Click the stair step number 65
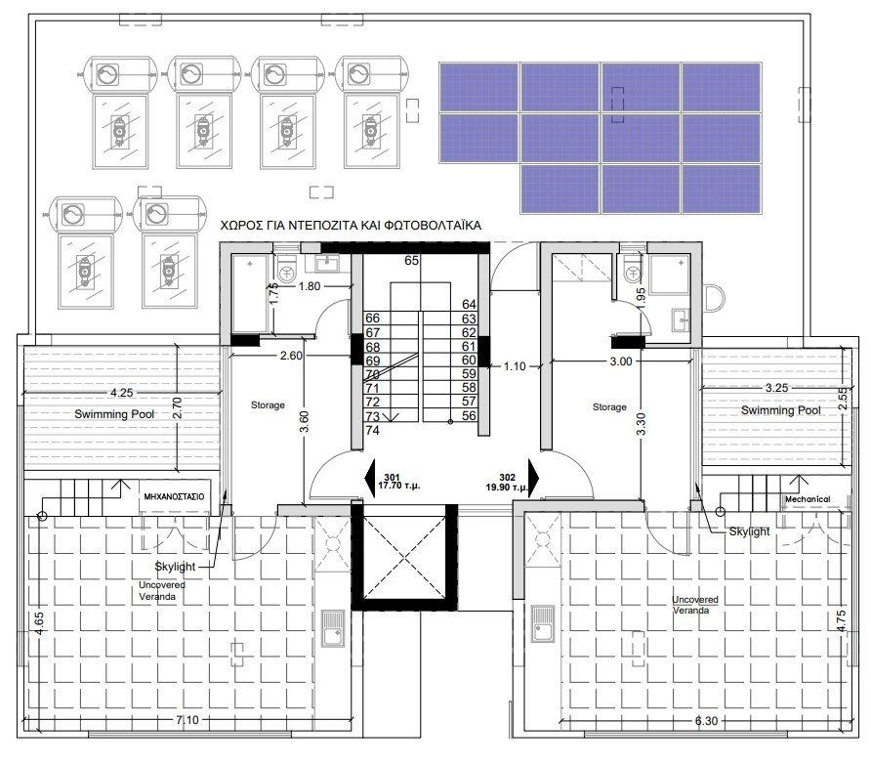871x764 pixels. (x=412, y=260)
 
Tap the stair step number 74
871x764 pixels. (x=373, y=430)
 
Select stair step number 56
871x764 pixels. (x=469, y=415)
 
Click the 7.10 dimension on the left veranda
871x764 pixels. (x=187, y=720)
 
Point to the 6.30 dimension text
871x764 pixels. (x=707, y=721)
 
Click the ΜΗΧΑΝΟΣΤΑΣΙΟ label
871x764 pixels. (x=174, y=496)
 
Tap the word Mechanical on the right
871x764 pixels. (x=808, y=499)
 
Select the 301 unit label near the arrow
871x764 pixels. (x=393, y=478)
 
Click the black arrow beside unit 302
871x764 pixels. (x=534, y=477)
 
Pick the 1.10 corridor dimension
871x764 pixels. (x=515, y=366)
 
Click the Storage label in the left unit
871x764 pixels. (x=268, y=405)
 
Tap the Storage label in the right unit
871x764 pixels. (x=609, y=406)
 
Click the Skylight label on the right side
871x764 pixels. (x=749, y=531)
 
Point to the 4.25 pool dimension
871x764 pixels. (x=122, y=393)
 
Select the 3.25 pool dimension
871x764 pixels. (x=776, y=388)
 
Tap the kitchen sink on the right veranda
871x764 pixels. (x=542, y=623)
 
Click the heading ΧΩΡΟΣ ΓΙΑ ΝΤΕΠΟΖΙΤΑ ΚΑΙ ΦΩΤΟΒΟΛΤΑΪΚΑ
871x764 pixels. (x=351, y=225)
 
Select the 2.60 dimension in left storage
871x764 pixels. (x=291, y=355)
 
